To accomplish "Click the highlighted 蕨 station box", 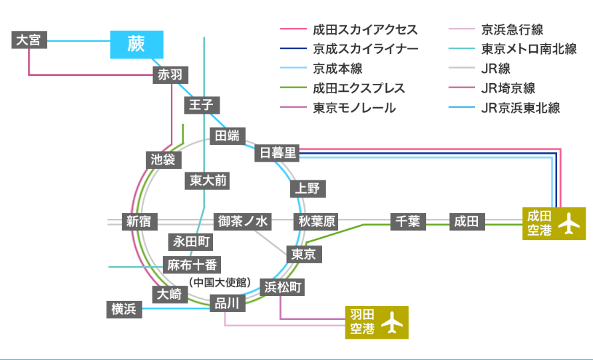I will (x=136, y=44).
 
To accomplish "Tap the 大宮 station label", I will (x=29, y=40).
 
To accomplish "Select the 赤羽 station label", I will (x=169, y=75).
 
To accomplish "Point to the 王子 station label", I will (x=200, y=105).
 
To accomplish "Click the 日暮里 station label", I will (x=278, y=153).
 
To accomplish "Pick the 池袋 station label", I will (x=162, y=160).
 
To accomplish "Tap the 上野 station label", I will (x=307, y=188).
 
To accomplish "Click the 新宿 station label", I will (x=138, y=222).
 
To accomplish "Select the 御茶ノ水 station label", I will (x=242, y=222).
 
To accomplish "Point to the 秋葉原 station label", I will (x=316, y=222).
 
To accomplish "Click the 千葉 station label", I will (x=407, y=222).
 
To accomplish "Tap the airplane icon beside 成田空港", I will (x=568, y=224).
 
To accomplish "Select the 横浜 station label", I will (x=124, y=309).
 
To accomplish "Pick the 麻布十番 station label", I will (x=192, y=265).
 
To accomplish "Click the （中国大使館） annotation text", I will (x=220, y=283).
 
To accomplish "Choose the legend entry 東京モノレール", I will (x=354, y=107).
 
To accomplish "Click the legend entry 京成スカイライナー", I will (x=365, y=49).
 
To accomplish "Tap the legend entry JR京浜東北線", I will (x=520, y=107).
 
